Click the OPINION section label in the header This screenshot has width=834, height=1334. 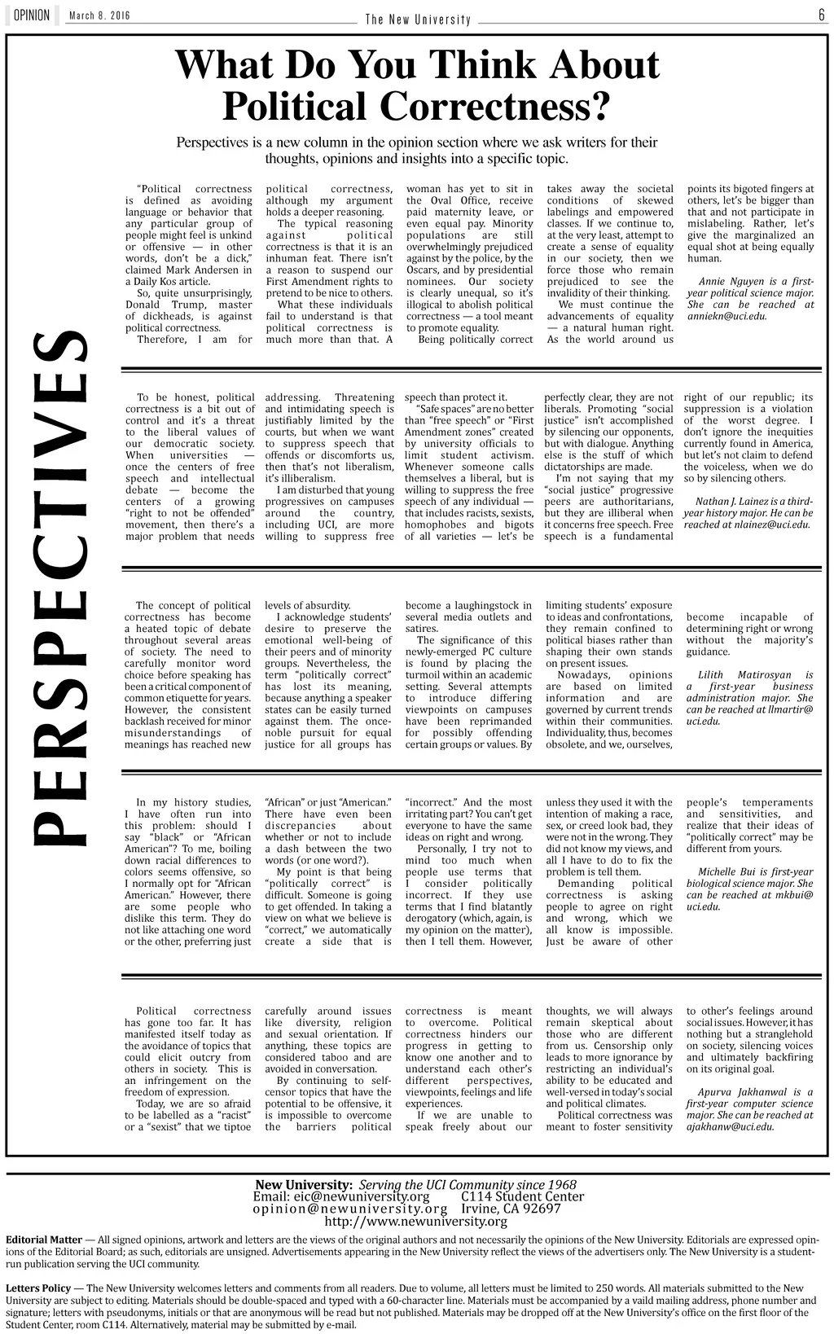32,15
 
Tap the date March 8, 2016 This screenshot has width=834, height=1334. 99,16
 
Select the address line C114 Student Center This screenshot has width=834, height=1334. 523,1196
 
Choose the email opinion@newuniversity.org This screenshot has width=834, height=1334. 350,1209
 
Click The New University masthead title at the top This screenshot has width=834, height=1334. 418,20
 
